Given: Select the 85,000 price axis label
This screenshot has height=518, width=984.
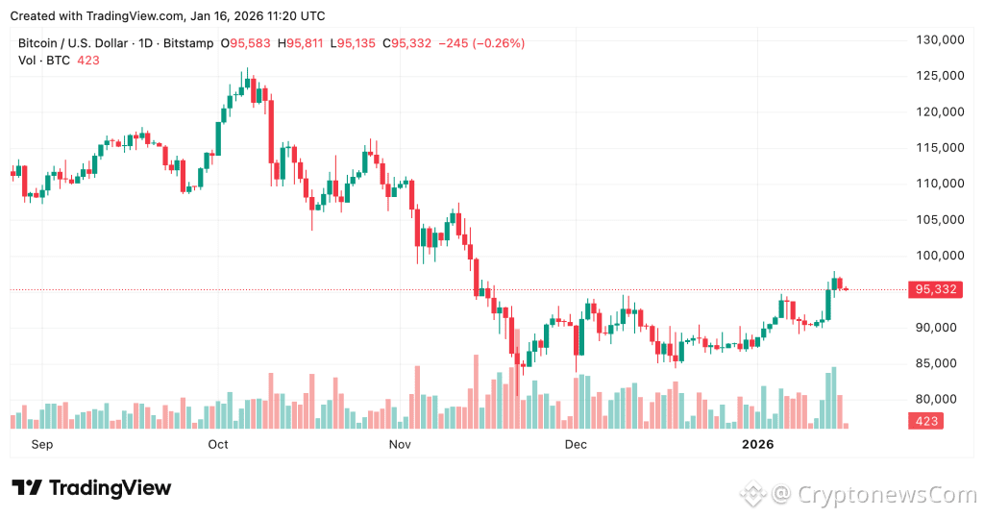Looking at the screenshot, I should (940, 363).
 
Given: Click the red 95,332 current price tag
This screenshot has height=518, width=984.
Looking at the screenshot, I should (936, 289).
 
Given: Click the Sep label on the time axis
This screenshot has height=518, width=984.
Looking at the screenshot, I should (41, 444).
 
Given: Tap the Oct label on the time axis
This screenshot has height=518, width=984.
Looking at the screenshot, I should (218, 444).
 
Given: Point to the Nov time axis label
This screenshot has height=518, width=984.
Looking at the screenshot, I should (400, 444).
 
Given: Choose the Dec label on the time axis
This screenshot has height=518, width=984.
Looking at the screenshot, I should (576, 444).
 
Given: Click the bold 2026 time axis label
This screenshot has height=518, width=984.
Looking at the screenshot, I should (757, 444).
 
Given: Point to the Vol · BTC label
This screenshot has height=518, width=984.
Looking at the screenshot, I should (44, 60).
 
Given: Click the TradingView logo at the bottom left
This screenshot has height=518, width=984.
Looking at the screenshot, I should (91, 488).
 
